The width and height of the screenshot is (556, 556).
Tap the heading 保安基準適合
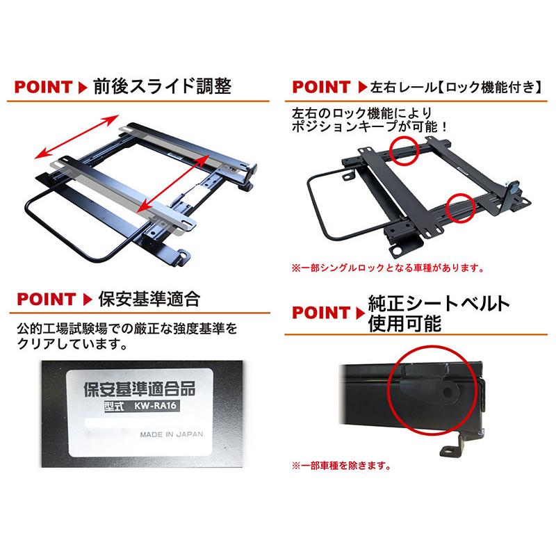coord(149,300)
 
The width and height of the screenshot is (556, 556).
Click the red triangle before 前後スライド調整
coord(81,89)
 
